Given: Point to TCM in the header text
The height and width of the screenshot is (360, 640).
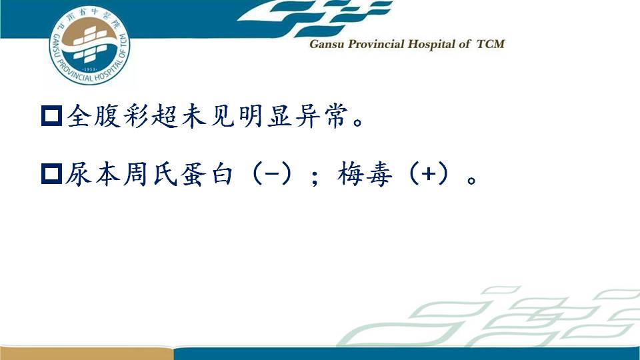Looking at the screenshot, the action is point(491,44).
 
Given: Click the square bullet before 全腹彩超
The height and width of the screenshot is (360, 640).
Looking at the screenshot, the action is point(52,115).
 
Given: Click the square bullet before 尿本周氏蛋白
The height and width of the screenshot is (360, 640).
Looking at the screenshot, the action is point(52,174).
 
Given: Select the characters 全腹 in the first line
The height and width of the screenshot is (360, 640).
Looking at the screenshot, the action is point(93,116).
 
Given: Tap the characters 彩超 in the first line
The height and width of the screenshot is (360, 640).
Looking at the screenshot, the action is point(151,116).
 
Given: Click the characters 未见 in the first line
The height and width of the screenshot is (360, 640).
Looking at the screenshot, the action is point(208,116).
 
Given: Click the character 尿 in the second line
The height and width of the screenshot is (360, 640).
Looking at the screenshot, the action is point(79,174).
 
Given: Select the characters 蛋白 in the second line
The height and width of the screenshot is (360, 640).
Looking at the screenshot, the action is point(208,174).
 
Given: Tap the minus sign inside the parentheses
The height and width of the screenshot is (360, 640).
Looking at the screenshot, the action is point(272,174).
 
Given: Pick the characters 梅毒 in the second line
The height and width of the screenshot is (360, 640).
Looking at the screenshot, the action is point(365,174).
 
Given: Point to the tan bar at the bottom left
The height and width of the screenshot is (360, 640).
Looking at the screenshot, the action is point(87,353).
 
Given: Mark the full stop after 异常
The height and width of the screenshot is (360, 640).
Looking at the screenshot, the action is point(359,122).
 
